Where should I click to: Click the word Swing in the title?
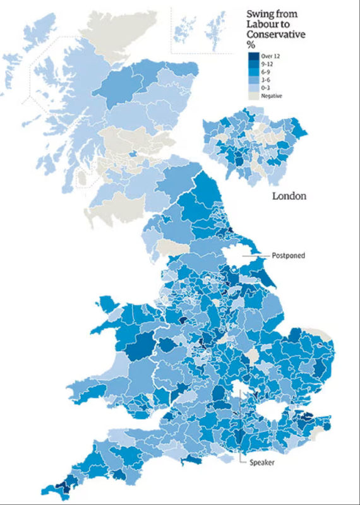click(x=259, y=14)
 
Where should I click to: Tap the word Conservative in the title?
click(x=276, y=35)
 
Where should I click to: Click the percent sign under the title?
click(x=249, y=45)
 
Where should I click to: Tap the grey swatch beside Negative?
click(x=253, y=96)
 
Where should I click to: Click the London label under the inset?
click(x=289, y=196)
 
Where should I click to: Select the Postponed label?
click(x=288, y=256)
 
